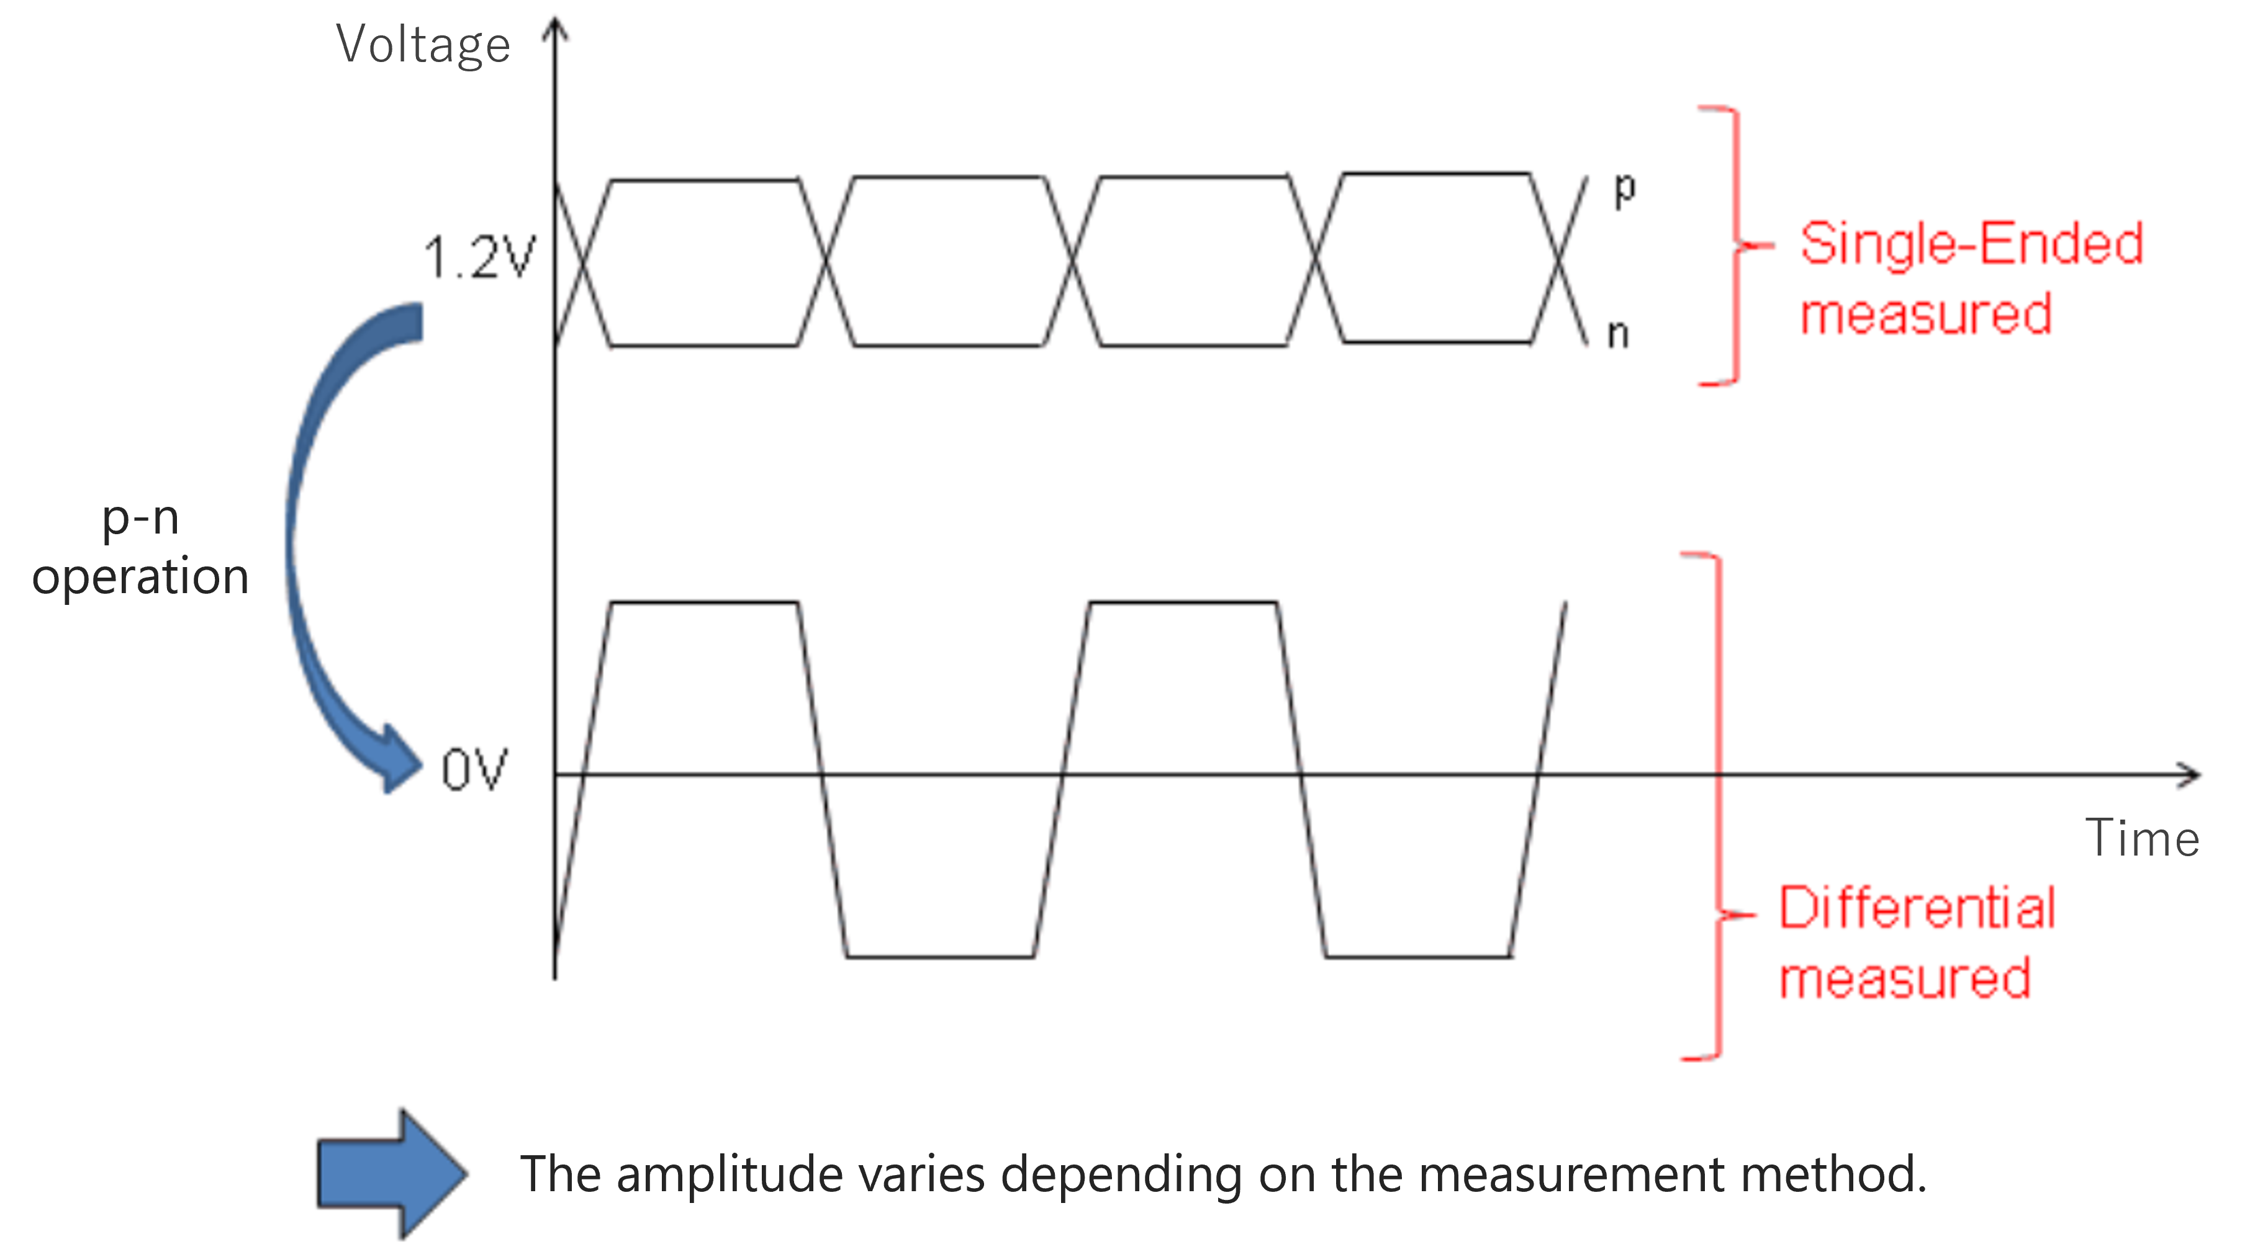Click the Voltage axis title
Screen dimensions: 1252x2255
(x=423, y=45)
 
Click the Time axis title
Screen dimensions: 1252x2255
(x=2141, y=838)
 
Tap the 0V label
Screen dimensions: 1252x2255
(x=474, y=771)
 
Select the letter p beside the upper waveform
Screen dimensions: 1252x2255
(x=1624, y=190)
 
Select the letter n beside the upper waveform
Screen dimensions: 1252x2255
(x=1618, y=335)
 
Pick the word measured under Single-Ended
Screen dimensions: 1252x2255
(x=1926, y=314)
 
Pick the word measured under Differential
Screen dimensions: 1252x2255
(x=1905, y=978)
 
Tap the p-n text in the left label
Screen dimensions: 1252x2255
(x=140, y=518)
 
